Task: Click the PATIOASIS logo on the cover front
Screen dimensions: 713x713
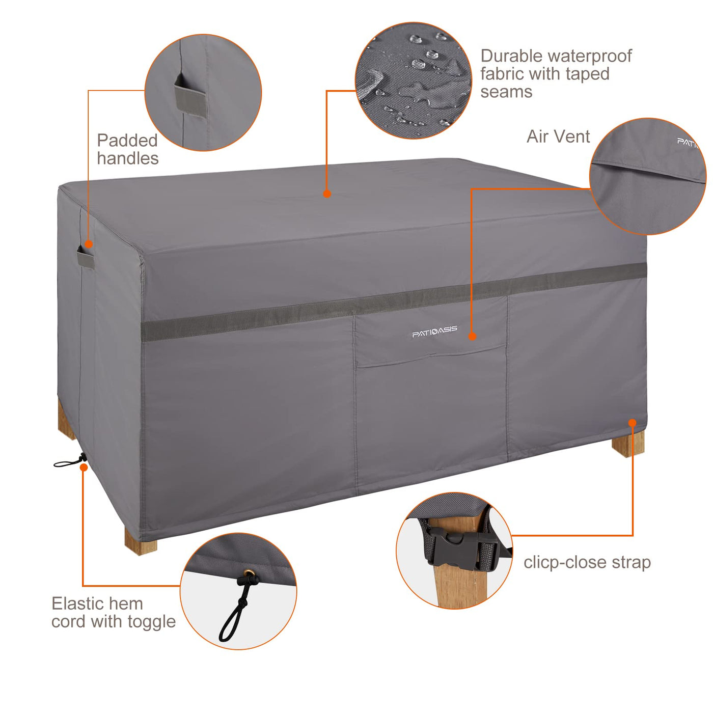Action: pos(434,331)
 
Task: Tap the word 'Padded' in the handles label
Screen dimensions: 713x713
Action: pos(127,141)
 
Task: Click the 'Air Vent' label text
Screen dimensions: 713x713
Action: pos(558,136)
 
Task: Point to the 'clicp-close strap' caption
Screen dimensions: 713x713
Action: pos(587,563)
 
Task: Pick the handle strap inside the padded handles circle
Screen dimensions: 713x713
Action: pos(190,96)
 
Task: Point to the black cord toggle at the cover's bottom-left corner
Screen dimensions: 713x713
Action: pos(70,461)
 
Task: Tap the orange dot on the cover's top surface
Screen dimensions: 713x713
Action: pos(327,193)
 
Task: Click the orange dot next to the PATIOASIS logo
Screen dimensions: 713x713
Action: pos(472,336)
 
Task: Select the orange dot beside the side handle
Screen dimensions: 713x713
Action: pos(89,244)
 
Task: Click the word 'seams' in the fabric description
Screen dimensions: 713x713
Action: pos(506,92)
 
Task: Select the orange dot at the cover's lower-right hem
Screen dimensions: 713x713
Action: pos(633,423)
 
